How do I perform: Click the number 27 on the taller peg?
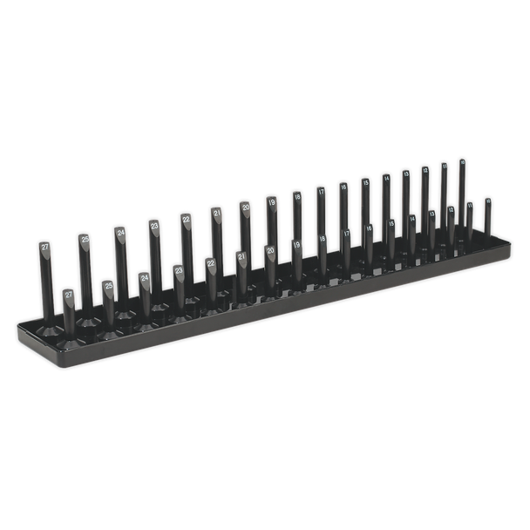pos(45,247)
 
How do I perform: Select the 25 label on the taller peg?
pos(85,239)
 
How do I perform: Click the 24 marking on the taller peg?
pos(120,233)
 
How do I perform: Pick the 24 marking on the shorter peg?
pos(145,278)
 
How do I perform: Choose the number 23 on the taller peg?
pos(154,226)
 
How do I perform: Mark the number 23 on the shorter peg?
pos(179,271)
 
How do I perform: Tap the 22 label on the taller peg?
pos(187,219)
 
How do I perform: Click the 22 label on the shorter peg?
pos(210,263)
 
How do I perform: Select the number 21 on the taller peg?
pos(217,213)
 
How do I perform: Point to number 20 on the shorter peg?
pos(270,251)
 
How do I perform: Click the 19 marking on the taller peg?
pos(272,201)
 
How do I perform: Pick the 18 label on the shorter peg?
pos(323,240)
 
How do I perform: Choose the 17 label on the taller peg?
pos(321,192)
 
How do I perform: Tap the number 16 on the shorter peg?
pos(369,228)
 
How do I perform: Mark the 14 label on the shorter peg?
pos(412,219)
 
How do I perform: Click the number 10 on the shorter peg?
pos(487,201)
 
